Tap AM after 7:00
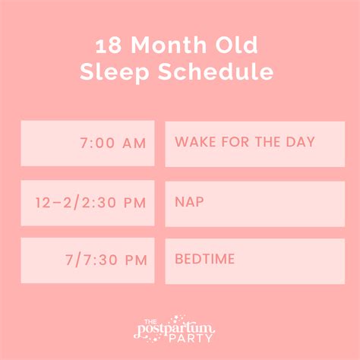(134, 144)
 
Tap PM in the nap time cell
(134, 203)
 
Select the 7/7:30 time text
(94, 261)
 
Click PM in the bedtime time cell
(135, 261)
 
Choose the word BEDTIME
(204, 260)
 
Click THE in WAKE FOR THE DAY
(266, 142)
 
